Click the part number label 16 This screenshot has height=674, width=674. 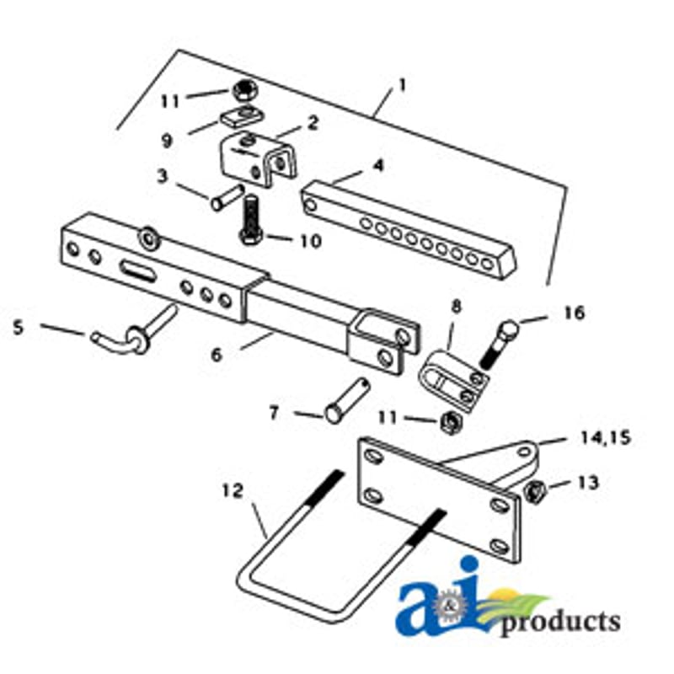pyautogui.click(x=575, y=313)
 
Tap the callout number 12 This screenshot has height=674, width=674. pyautogui.click(x=233, y=491)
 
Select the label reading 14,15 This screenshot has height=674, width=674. pyautogui.click(x=606, y=438)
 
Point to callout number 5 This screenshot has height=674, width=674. pyautogui.click(x=18, y=328)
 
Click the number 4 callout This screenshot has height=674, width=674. pyautogui.click(x=377, y=165)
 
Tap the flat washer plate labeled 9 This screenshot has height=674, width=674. pyautogui.click(x=242, y=116)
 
